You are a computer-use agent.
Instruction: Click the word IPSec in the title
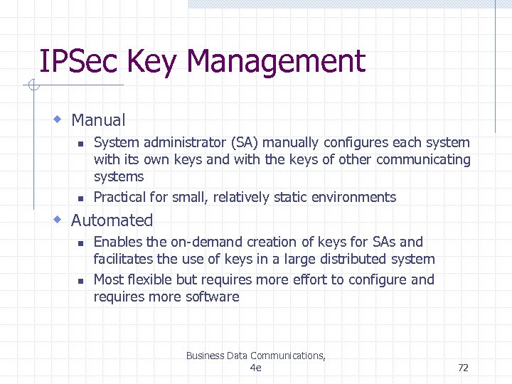point(79,62)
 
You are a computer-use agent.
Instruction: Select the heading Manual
point(98,121)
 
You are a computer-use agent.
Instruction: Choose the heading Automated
point(112,220)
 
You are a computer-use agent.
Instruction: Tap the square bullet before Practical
point(80,198)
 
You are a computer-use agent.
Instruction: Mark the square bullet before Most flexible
point(80,281)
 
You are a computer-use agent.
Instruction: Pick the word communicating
point(423,159)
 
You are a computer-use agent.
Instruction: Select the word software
point(212,297)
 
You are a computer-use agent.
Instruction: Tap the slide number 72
point(463,368)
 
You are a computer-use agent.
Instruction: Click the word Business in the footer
point(206,356)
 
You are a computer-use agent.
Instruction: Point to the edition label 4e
point(256,368)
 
